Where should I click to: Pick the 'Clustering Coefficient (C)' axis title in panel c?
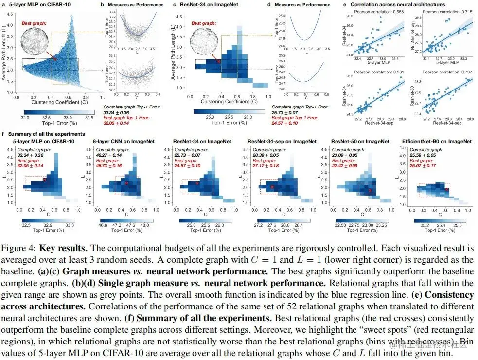(222, 103)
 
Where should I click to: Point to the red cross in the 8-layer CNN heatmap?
(126, 183)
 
